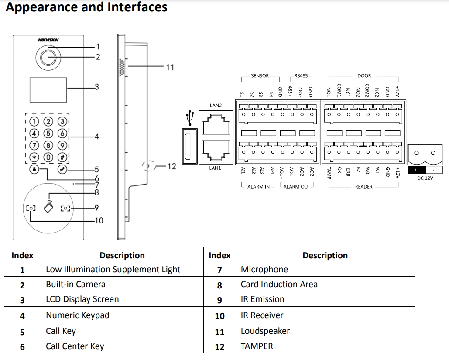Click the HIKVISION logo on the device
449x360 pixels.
(x=48, y=40)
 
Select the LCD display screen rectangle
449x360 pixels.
(x=48, y=89)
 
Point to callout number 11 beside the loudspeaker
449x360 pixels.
(x=170, y=67)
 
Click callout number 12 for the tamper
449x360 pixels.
(x=171, y=166)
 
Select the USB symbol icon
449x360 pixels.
(x=190, y=118)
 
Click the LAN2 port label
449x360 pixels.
(x=216, y=106)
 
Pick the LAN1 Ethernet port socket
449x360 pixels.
(x=215, y=151)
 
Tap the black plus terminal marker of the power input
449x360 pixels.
(x=416, y=170)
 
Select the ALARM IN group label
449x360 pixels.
(x=258, y=187)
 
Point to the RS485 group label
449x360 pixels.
(x=301, y=75)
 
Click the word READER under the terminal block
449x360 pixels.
(x=363, y=187)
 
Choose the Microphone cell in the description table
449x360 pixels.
(x=264, y=270)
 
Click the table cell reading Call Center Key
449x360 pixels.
(x=75, y=346)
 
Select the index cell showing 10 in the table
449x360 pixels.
(x=219, y=316)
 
